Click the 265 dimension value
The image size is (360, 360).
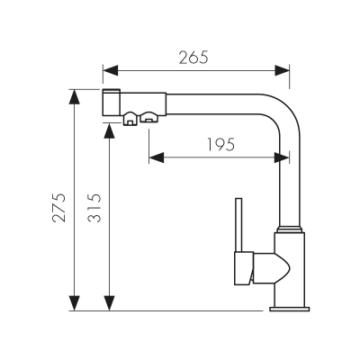pos(194,58)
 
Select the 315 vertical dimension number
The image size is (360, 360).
pos(96,213)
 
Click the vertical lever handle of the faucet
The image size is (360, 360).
pos(238,225)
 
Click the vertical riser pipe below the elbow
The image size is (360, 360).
pos(289,180)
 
